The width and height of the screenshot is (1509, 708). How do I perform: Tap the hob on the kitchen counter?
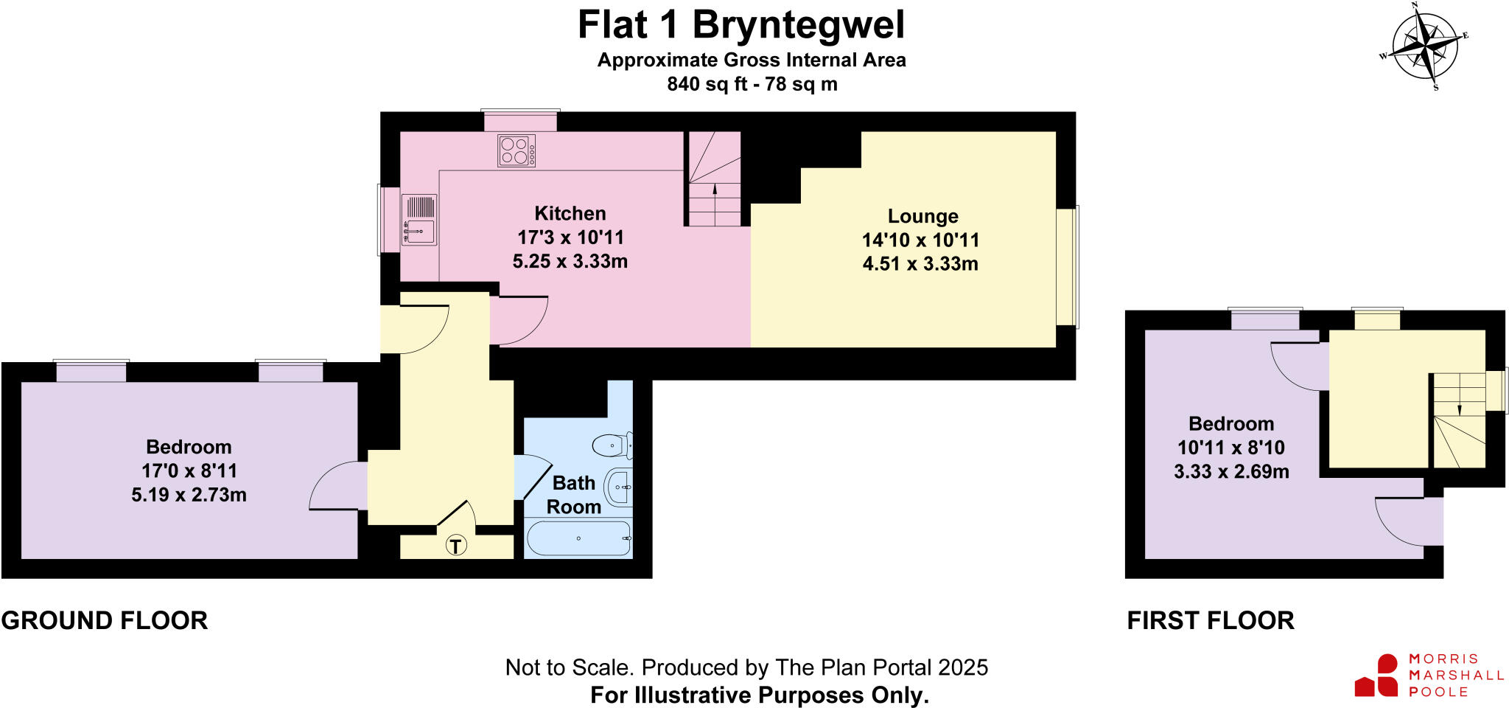[516, 150]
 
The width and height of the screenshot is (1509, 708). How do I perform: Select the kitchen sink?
[419, 220]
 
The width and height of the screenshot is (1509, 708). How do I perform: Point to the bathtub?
[578, 538]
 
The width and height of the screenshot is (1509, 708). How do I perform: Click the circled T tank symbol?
[456, 546]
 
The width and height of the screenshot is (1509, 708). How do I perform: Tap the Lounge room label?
[922, 216]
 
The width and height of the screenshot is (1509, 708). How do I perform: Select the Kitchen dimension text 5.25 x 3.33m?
[570, 261]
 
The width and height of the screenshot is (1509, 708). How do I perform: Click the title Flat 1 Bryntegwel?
[741, 25]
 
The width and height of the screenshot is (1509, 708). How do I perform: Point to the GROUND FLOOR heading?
[105, 620]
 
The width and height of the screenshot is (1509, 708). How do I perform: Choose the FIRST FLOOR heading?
[1210, 620]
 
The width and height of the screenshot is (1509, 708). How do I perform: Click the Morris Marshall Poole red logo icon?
[1377, 676]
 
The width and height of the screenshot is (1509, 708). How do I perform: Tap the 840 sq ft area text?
[752, 84]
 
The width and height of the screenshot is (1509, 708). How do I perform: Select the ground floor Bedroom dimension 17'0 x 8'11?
[189, 471]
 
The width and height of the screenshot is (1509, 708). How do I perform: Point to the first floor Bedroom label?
[1230, 424]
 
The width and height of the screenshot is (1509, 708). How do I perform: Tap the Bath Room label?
[573, 495]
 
